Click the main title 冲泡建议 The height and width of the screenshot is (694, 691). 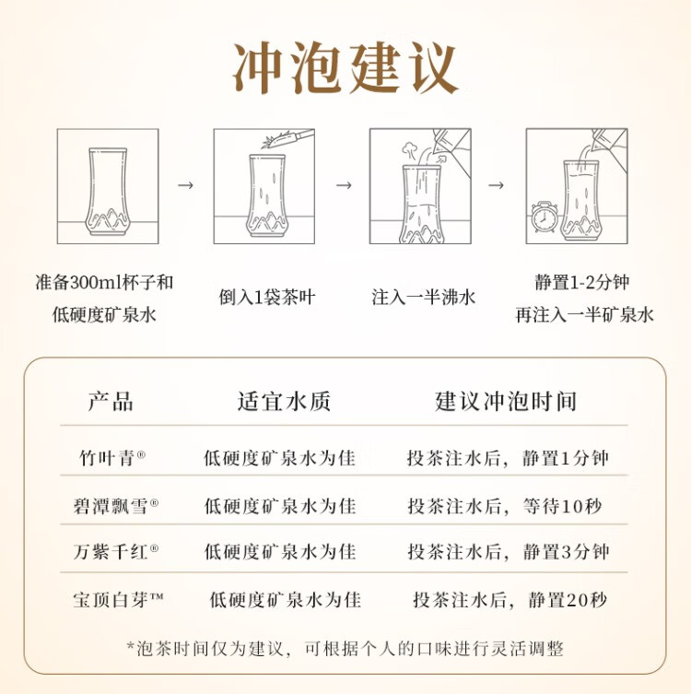(x=345, y=67)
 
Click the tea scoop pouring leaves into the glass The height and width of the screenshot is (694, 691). (x=287, y=137)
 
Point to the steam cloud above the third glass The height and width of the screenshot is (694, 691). (x=410, y=149)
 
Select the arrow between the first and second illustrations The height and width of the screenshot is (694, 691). (x=185, y=185)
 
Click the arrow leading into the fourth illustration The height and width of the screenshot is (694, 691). (x=496, y=185)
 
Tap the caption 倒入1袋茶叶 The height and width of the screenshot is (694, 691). (x=267, y=297)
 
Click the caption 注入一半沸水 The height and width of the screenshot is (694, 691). (x=424, y=297)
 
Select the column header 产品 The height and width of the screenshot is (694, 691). (x=111, y=402)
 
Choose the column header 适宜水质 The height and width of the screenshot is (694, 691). (x=284, y=402)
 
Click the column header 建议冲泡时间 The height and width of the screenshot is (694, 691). (x=506, y=402)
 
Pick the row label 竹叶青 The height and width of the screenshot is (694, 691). (x=111, y=458)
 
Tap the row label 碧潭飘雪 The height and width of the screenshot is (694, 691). (x=116, y=505)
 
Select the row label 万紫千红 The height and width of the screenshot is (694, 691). (x=116, y=551)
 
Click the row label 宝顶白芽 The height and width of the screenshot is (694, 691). (x=118, y=600)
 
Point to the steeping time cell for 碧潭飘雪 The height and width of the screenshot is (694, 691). (x=505, y=506)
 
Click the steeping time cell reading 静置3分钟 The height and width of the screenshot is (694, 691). (x=509, y=552)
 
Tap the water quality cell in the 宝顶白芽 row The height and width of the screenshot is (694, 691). (x=286, y=600)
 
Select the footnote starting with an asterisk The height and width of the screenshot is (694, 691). (x=345, y=649)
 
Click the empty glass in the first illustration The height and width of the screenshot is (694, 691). (x=108, y=191)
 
